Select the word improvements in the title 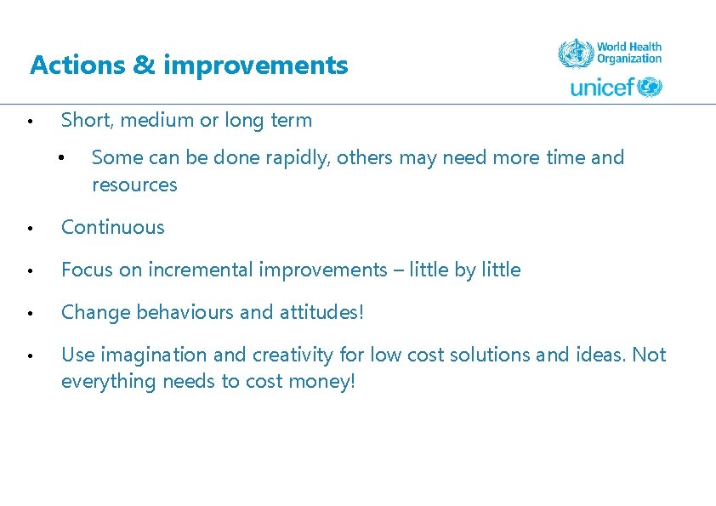pyautogui.click(x=255, y=65)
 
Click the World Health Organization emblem pyautogui.click(x=575, y=54)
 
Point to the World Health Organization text pyautogui.click(x=628, y=53)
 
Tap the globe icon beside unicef pyautogui.click(x=650, y=87)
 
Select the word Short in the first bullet pyautogui.click(x=83, y=121)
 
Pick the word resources pyautogui.click(x=134, y=185)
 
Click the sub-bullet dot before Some pyautogui.click(x=61, y=158)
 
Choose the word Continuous pyautogui.click(x=113, y=228)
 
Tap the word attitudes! pyautogui.click(x=321, y=313)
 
